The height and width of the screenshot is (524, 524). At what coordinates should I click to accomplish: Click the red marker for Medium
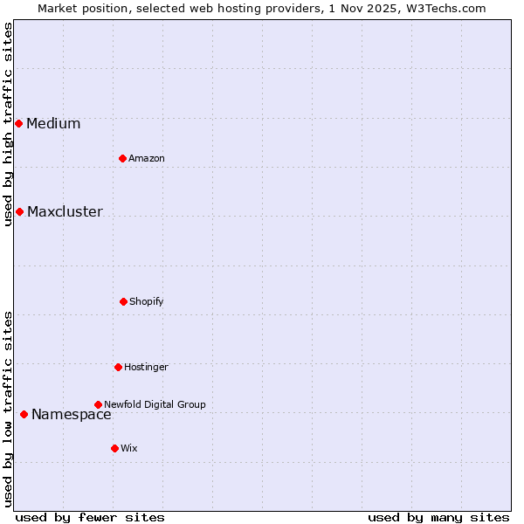click(x=18, y=123)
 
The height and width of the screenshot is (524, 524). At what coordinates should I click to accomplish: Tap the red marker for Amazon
click(x=122, y=158)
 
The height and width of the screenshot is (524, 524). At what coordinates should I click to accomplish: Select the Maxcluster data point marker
click(x=19, y=211)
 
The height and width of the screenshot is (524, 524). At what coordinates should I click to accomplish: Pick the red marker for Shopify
click(x=123, y=301)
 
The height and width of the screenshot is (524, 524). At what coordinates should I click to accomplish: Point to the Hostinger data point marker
click(x=118, y=367)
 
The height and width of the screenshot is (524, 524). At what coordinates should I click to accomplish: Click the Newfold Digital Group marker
click(x=98, y=404)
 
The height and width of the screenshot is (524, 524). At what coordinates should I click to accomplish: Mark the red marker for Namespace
click(x=24, y=414)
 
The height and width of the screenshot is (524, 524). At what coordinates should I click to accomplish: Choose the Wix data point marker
click(x=114, y=448)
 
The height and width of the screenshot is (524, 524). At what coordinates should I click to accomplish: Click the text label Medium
click(x=53, y=123)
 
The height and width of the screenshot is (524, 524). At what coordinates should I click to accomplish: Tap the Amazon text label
click(x=147, y=158)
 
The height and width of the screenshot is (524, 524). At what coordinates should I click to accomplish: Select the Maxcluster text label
click(x=65, y=211)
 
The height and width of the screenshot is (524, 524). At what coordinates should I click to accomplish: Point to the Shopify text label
click(x=147, y=301)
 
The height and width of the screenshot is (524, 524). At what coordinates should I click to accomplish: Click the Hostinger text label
click(x=146, y=367)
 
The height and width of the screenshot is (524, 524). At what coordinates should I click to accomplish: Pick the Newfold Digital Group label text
click(x=155, y=404)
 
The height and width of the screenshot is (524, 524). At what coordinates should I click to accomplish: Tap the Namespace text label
click(x=72, y=414)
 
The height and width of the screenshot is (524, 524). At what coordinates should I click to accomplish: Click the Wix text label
click(x=129, y=448)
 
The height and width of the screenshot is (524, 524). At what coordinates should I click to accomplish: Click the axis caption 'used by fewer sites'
click(x=90, y=517)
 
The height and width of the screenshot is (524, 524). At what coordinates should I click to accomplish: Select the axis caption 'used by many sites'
click(x=438, y=517)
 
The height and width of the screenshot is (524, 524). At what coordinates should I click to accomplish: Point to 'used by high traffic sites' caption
click(x=8, y=124)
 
